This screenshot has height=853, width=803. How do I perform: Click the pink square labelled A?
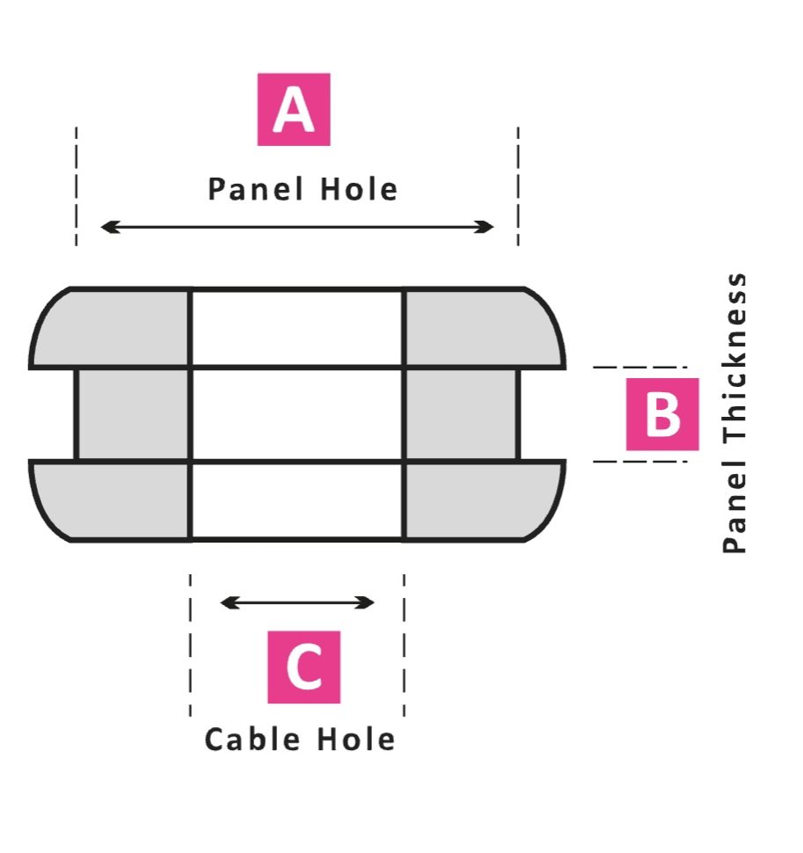[294, 110]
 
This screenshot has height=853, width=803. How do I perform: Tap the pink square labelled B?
[662, 414]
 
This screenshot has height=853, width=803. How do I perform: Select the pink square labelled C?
[303, 667]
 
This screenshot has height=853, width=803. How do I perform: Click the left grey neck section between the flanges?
[133, 414]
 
